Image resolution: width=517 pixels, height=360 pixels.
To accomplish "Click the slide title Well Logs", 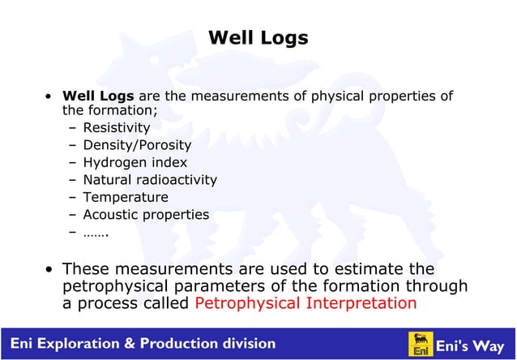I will pos(258,38).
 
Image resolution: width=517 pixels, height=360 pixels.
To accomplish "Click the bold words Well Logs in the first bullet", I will pos(99,96).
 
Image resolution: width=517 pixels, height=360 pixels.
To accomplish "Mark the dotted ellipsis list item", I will pos(96,233).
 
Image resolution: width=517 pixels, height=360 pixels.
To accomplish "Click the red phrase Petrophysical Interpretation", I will pos(306,304).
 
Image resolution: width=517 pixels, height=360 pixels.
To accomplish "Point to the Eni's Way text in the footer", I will pos(470,345).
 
